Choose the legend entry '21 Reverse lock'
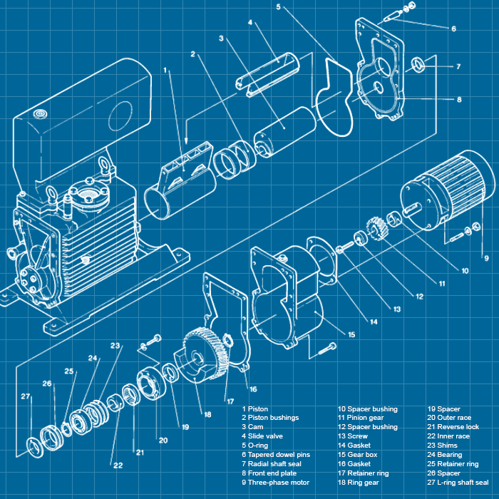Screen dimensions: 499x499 point(453,427)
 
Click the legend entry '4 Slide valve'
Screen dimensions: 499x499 point(266,436)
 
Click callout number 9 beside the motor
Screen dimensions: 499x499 point(486,257)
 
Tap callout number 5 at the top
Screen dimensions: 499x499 point(278,8)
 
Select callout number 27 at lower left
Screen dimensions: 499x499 point(25,396)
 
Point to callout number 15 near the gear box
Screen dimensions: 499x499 point(351,334)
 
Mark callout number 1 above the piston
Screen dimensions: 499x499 point(165,70)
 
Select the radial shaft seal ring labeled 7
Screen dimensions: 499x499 point(419,66)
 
